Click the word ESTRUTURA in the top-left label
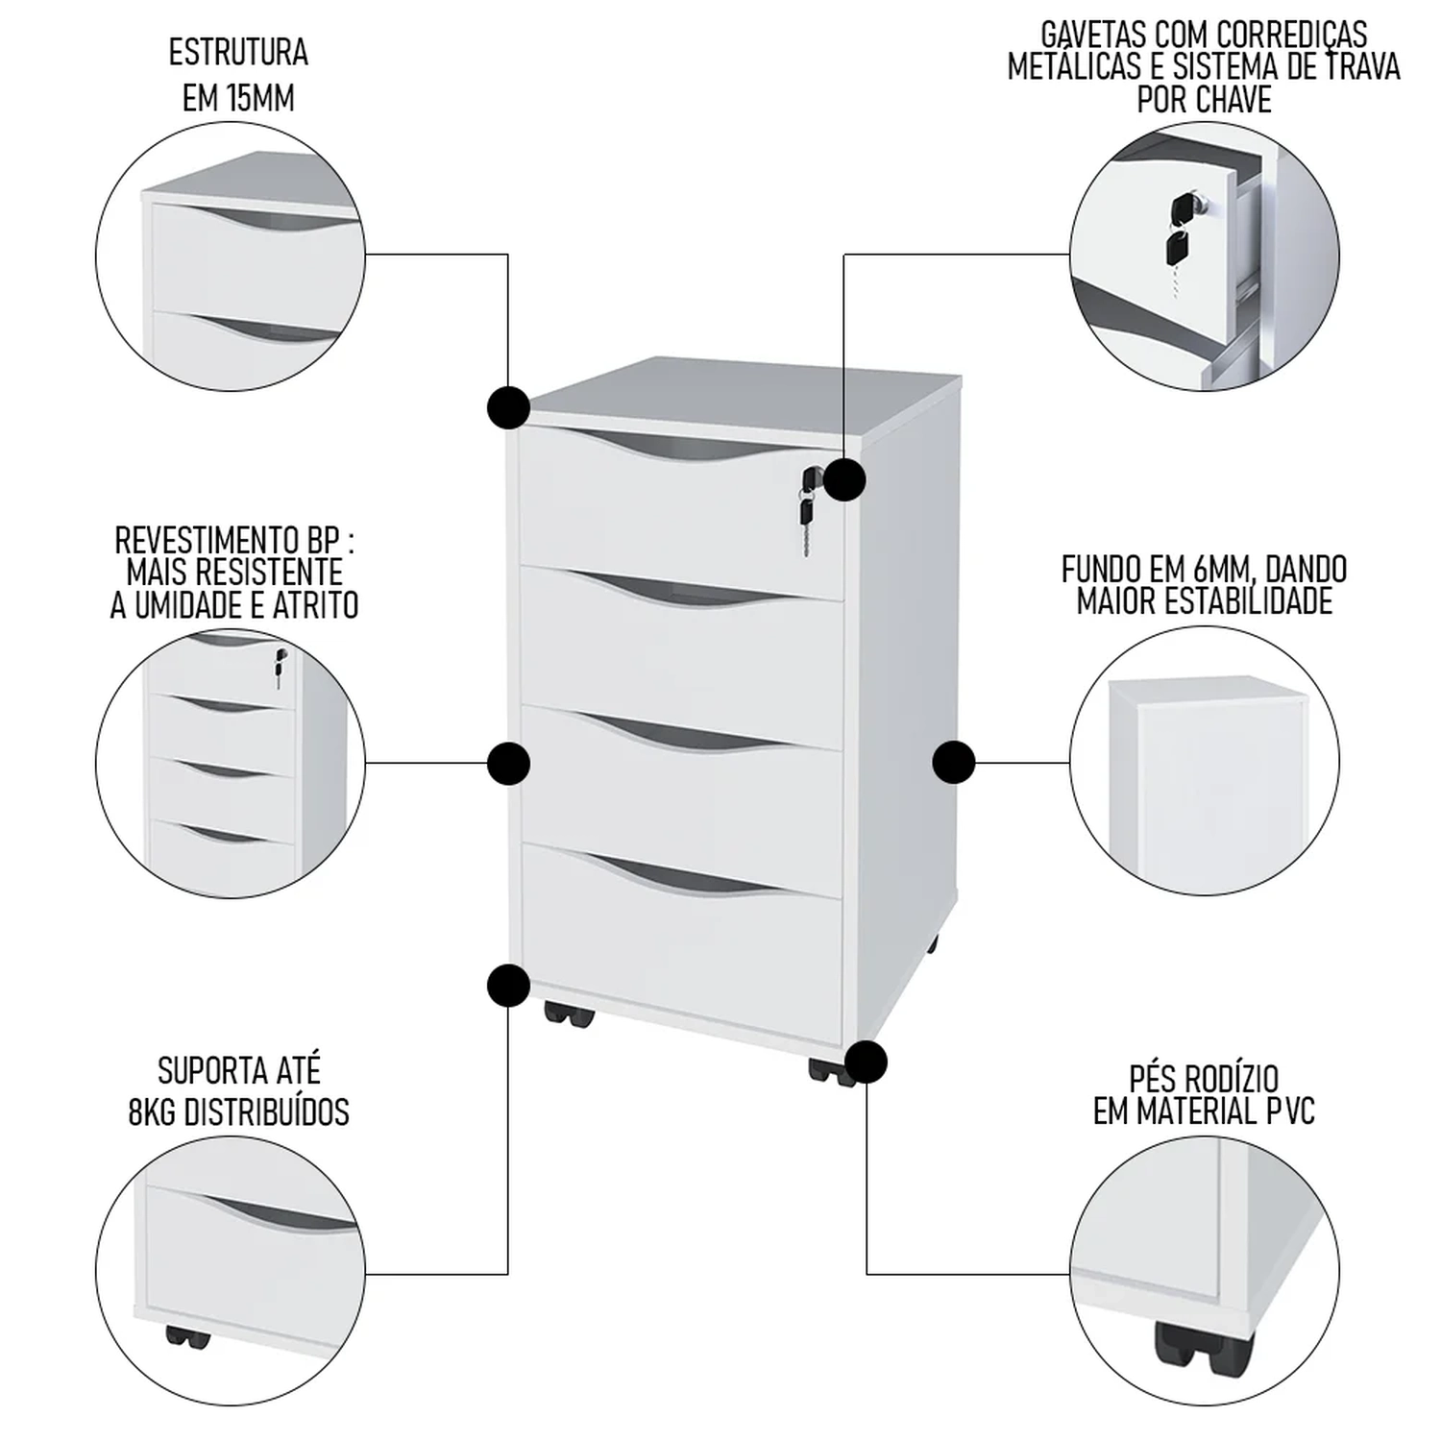[x=238, y=53]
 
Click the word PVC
[x=1289, y=1112]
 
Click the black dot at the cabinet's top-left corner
[x=508, y=407]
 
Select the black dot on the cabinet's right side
[x=954, y=764]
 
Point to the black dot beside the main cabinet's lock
[x=845, y=478]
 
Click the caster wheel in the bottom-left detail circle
[x=186, y=1335]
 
